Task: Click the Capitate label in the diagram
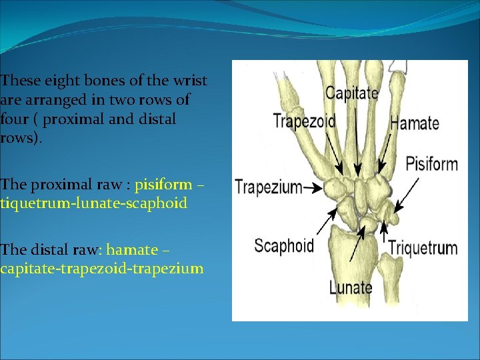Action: pos(351,93)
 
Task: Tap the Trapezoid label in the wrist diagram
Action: pos(304,121)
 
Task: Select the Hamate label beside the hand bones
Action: pos(414,123)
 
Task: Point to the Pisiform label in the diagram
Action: pos(431,163)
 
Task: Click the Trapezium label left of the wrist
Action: pos(268,188)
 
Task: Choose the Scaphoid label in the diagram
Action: pos(284,245)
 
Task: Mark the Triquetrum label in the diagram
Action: pos(423,248)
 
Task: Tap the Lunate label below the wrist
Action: pos(351,287)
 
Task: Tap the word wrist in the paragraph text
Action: pos(189,81)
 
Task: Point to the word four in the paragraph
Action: pos(14,119)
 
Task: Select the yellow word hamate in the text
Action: pos(132,250)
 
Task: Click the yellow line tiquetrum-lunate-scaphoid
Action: pos(93,203)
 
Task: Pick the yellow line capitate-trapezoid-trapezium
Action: pos(102,269)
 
